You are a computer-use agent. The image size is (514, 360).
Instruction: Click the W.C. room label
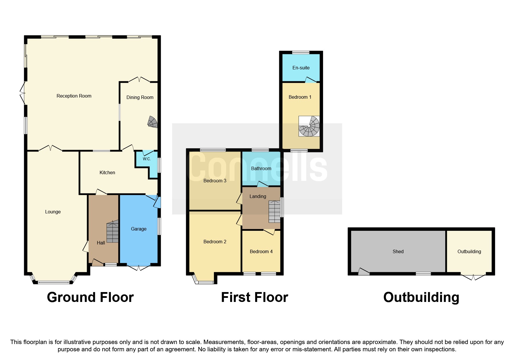click(147, 159)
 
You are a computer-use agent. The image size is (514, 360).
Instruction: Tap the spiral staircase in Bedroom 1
click(309, 126)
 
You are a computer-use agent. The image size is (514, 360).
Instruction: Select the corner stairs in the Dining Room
click(153, 122)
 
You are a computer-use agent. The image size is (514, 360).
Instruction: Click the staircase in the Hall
click(113, 231)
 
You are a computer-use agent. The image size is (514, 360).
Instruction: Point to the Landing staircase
click(274, 212)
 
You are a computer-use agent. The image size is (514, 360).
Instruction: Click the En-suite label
click(301, 68)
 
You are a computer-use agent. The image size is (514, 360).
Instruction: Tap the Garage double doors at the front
click(139, 267)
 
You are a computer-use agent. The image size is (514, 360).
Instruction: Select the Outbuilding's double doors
click(473, 277)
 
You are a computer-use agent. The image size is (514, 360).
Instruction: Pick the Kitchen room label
click(107, 172)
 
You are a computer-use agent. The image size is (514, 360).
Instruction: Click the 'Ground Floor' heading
click(90, 297)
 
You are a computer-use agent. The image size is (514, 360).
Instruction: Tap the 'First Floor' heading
click(255, 297)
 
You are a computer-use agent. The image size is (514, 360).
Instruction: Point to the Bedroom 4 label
click(261, 251)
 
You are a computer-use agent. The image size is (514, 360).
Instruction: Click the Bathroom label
click(261, 168)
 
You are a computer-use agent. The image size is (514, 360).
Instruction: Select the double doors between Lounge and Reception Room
click(50, 148)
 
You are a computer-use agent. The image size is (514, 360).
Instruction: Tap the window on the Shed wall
click(423, 273)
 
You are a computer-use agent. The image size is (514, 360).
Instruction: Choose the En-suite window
click(301, 53)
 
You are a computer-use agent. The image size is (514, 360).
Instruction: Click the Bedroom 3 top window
click(213, 150)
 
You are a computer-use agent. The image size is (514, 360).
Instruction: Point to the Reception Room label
click(74, 96)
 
